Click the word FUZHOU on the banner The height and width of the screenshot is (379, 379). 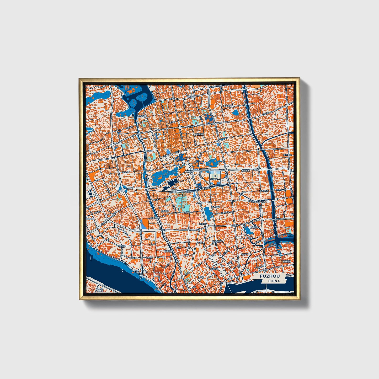click(270, 276)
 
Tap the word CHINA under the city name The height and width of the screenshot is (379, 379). click(274, 281)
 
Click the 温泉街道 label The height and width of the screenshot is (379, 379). click(228, 106)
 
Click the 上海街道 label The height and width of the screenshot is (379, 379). click(164, 211)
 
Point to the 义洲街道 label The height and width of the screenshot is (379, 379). click(168, 251)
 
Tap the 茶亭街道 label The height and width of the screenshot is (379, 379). click(216, 207)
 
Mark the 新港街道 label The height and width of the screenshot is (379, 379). click(254, 227)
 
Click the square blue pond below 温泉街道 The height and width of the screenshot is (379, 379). click(236, 113)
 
